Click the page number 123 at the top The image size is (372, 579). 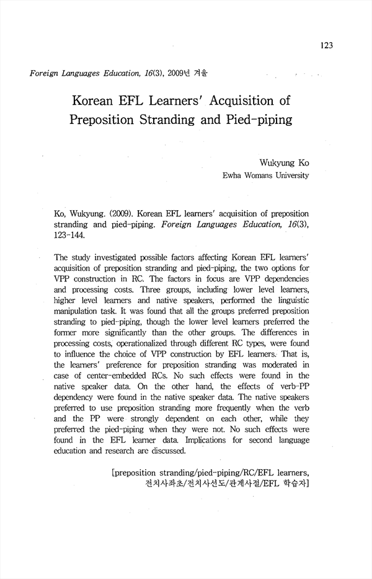[327, 45]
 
